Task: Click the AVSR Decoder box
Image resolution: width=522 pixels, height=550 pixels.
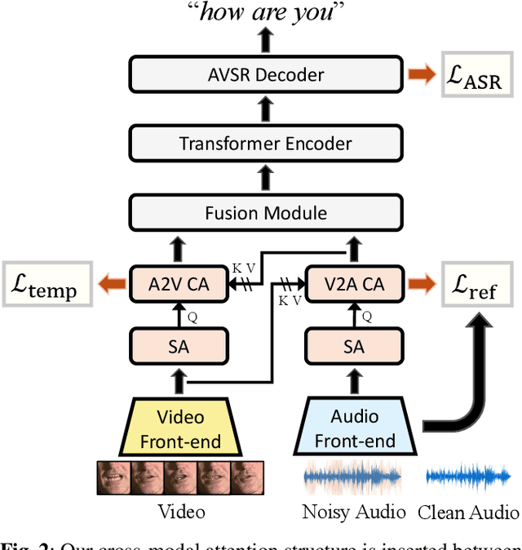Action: tap(265, 75)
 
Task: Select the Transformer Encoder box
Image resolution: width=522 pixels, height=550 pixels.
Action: tap(265, 144)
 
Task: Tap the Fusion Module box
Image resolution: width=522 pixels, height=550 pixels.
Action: tap(265, 213)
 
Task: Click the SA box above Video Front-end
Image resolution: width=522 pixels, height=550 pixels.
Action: tap(178, 347)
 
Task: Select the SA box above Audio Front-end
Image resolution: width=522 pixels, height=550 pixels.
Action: tap(354, 347)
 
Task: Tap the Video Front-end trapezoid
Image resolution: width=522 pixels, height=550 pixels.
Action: tap(181, 428)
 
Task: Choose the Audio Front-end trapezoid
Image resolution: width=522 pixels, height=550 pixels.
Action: tap(355, 428)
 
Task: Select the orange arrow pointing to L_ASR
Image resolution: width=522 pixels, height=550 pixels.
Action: tap(422, 75)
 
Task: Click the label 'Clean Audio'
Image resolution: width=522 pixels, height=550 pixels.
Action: tap(467, 512)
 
